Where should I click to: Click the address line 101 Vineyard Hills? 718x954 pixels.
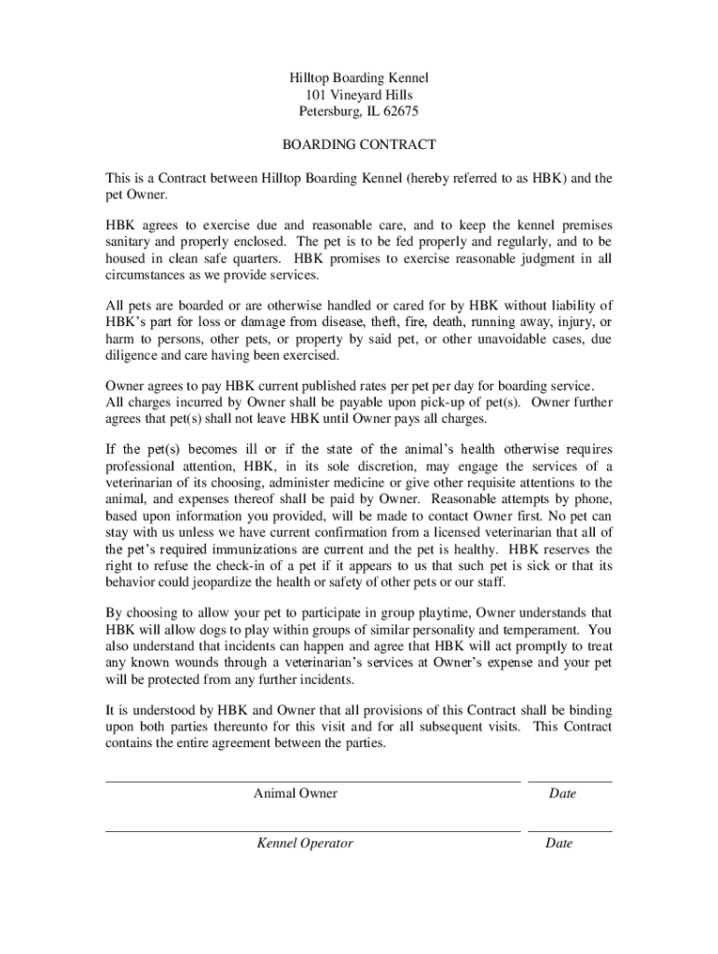359,95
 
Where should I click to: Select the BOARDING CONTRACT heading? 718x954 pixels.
359,145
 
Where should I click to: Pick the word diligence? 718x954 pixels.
132,356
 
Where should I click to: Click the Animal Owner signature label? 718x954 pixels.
296,794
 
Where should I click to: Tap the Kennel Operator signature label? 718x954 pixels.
305,843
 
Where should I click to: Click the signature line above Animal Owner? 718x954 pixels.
312,781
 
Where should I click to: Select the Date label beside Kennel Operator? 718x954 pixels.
559,843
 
